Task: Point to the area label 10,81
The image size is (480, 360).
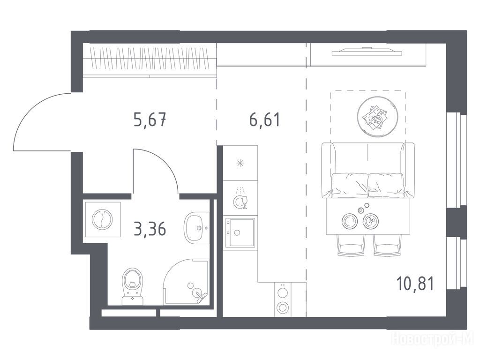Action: (415, 284)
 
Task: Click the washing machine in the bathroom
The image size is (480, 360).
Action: (103, 219)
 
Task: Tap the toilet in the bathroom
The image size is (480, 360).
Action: (133, 286)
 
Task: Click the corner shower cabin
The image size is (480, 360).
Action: (187, 282)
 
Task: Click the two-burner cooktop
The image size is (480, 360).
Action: (282, 300)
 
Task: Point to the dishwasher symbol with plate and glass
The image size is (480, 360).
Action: (240, 199)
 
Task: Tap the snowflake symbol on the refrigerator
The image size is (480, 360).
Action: (240, 163)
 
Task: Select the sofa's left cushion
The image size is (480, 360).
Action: (350, 185)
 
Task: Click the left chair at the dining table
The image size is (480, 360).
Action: (351, 245)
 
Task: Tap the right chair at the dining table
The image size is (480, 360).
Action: (387, 245)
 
